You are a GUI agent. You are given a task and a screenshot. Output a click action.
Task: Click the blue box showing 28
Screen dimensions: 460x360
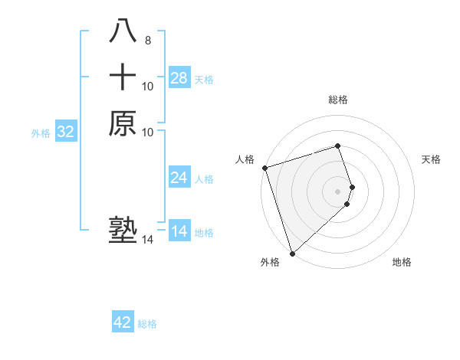point(179,78)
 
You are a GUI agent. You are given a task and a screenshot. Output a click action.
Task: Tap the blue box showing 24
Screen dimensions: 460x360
point(179,178)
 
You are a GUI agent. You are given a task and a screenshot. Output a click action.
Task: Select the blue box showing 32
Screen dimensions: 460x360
point(66,132)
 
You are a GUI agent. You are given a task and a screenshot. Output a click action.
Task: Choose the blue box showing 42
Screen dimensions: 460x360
point(123,322)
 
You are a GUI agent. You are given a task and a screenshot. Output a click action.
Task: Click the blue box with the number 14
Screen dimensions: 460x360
point(179,231)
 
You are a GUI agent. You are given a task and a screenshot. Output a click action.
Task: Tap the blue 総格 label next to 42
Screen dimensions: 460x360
point(147,324)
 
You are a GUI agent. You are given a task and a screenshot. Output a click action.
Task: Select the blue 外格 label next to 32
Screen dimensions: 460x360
point(41,133)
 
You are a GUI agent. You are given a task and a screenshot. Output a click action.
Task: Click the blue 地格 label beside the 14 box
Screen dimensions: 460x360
point(204,233)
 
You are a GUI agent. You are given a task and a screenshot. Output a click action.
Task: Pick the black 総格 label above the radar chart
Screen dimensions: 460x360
point(338,100)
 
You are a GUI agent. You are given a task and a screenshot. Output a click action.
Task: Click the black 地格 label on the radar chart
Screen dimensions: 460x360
point(402,262)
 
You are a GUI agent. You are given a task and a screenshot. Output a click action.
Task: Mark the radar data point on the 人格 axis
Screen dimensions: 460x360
point(264,168)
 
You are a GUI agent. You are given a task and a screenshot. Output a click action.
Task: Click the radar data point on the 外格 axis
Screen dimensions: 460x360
point(292,253)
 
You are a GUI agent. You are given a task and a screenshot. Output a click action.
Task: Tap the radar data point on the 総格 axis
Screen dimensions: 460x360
point(338,146)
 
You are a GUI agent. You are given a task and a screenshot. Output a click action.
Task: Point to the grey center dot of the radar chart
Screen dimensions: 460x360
point(338,191)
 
